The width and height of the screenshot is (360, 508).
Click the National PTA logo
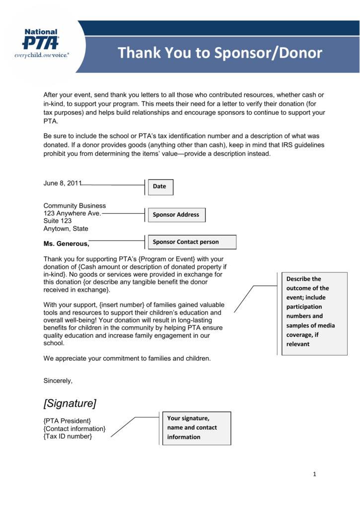pyautogui.click(x=41, y=45)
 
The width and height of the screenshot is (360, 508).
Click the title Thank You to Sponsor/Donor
pyautogui.click(x=220, y=53)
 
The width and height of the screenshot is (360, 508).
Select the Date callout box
pyautogui.click(x=161, y=187)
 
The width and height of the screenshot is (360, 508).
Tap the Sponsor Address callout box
pyautogui.click(x=176, y=215)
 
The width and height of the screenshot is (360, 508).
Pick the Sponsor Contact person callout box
pyautogui.click(x=193, y=242)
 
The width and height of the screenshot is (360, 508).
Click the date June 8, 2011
pyautogui.click(x=62, y=183)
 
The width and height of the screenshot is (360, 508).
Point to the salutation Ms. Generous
pyautogui.click(x=67, y=244)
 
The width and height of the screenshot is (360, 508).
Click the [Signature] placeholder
pyautogui.click(x=70, y=403)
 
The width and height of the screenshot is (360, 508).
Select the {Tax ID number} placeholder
pyautogui.click(x=68, y=436)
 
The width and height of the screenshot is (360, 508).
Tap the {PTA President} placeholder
pyautogui.click(x=67, y=421)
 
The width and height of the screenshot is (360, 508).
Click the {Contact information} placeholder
pyautogui.click(x=74, y=429)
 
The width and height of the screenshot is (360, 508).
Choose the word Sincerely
pyautogui.click(x=58, y=381)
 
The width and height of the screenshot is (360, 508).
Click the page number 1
pyautogui.click(x=314, y=474)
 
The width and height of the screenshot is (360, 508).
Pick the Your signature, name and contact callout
pyautogui.click(x=196, y=428)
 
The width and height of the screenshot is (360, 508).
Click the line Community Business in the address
pyautogui.click(x=74, y=206)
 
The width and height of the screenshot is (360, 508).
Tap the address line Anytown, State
pyautogui.click(x=66, y=229)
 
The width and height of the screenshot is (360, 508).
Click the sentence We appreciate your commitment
pyautogui.click(x=127, y=358)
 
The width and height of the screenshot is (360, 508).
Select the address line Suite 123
pyautogui.click(x=58, y=221)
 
